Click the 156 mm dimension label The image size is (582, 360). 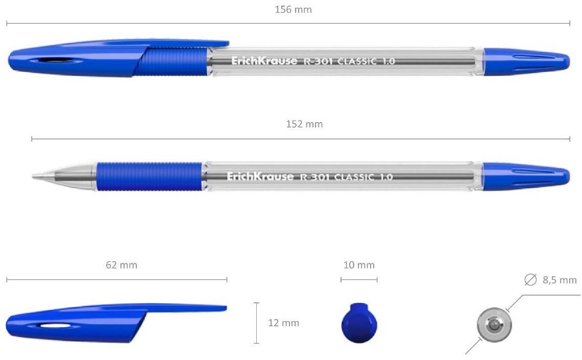coord(293,9)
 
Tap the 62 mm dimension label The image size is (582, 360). coord(122,265)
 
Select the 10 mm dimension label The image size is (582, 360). coord(358,265)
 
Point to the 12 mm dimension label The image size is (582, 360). coord(283,323)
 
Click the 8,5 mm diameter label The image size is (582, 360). coord(559,280)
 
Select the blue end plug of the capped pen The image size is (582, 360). coord(526,61)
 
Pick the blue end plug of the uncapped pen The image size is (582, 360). coord(526,176)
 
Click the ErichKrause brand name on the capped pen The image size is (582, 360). coord(264,61)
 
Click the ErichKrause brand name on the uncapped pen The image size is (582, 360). coord(260,177)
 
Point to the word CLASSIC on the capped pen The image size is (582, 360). coord(357,61)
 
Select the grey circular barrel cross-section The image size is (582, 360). coord(494,324)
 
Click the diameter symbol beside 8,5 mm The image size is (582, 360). coord(530,280)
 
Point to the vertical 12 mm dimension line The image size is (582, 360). coord(256,323)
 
